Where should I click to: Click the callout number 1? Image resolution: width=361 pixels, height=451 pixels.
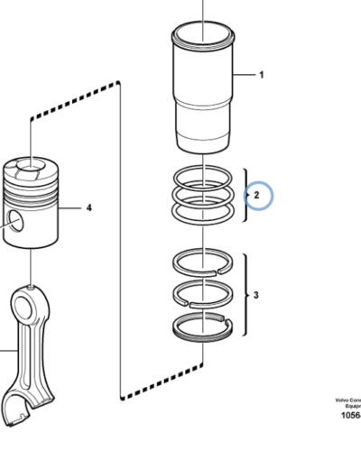tap(262, 75)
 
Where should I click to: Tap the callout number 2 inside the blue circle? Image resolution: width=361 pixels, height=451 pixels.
tap(256, 194)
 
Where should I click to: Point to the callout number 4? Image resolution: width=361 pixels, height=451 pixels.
tap(89, 207)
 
